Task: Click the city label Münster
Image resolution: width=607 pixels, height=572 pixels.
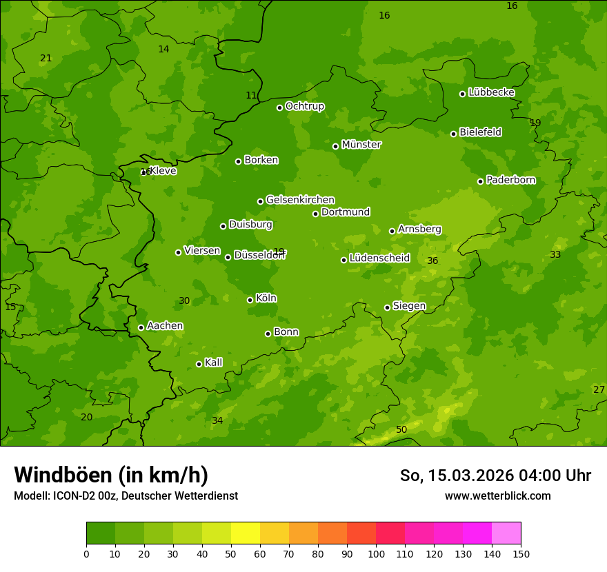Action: [x=361, y=145]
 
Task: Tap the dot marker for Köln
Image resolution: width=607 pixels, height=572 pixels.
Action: [x=250, y=300]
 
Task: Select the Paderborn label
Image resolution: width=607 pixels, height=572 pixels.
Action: [x=510, y=180]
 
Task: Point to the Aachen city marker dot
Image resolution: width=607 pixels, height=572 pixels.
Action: [x=141, y=327]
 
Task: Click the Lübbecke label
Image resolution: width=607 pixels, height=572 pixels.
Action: [x=491, y=92]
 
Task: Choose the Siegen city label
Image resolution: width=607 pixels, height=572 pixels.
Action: [x=409, y=306]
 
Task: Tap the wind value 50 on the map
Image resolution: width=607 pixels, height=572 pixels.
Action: [x=401, y=429]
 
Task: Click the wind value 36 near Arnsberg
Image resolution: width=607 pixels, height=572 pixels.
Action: [x=432, y=261]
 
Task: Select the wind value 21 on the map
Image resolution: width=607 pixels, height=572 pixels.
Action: [x=46, y=58]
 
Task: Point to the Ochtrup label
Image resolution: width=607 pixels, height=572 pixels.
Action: [x=304, y=106]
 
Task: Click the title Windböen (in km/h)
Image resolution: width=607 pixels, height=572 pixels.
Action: [x=111, y=475]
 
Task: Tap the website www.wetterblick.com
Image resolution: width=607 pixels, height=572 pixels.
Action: [x=497, y=496]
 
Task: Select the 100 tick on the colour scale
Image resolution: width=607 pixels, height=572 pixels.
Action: [x=376, y=553]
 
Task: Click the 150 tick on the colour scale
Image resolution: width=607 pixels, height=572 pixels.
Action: [x=521, y=553]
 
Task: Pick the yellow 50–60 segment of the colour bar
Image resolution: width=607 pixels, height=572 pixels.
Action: [x=246, y=533]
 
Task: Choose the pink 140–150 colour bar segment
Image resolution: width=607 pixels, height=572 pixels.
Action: [x=506, y=533]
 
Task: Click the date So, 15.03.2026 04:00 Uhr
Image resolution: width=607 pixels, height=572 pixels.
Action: [x=495, y=476]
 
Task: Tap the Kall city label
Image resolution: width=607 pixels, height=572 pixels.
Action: [x=213, y=362]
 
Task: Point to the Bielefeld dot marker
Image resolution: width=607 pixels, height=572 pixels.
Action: [x=453, y=134]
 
